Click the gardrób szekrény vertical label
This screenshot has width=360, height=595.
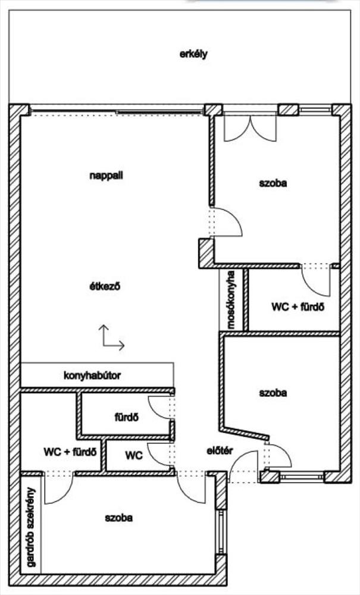pos(30,527)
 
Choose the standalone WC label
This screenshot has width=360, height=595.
pos(134,456)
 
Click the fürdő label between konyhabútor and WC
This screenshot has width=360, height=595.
pos(127,416)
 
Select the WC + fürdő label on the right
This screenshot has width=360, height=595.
pos(298,308)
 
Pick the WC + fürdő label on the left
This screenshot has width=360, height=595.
pos(70,452)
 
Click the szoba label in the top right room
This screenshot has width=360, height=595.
pos(273,183)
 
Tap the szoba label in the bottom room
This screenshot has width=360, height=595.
pos(118,518)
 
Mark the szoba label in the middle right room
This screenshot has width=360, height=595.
pos(273,393)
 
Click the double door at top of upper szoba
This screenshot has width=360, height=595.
pos(250,128)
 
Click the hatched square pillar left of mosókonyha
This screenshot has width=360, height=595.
pos(205,253)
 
